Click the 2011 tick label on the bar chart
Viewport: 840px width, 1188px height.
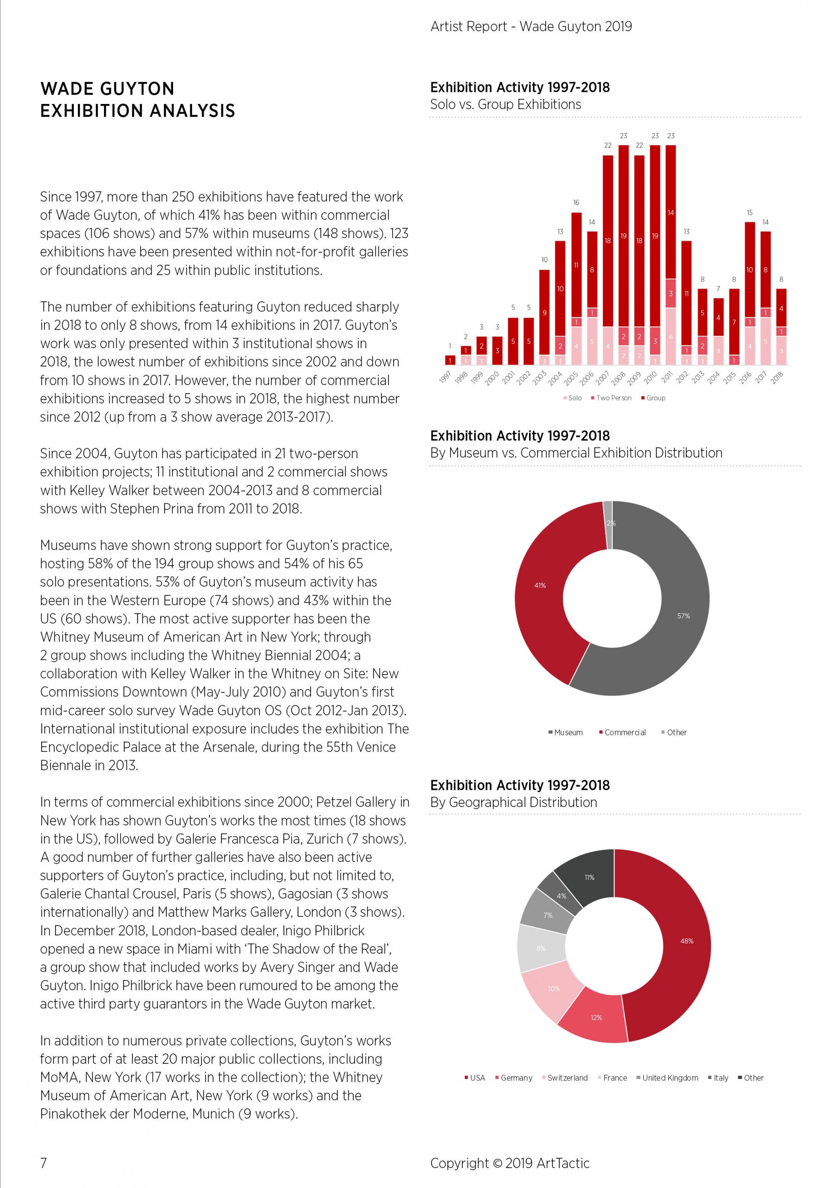click(666, 378)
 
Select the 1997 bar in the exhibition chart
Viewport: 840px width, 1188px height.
click(450, 360)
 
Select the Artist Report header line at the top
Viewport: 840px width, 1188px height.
click(531, 26)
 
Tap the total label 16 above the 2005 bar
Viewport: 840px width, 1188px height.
click(576, 202)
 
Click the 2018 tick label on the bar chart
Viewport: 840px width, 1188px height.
click(777, 378)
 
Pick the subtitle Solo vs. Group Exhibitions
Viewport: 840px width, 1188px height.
click(506, 104)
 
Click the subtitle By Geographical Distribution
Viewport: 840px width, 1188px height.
click(513, 802)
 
